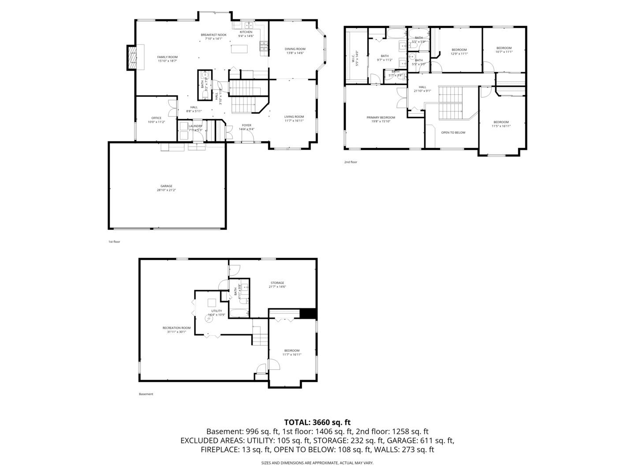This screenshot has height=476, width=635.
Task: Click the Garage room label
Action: click(x=166, y=188)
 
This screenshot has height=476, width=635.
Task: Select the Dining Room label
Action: click(x=295, y=51)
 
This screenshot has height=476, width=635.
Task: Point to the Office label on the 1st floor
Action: click(x=156, y=120)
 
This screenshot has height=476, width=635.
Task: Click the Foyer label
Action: click(x=246, y=127)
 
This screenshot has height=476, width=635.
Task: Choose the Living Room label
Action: click(x=294, y=119)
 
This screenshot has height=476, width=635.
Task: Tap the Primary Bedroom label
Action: click(x=381, y=119)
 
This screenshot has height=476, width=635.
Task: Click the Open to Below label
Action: click(x=453, y=132)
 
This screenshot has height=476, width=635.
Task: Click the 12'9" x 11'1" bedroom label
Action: click(x=459, y=52)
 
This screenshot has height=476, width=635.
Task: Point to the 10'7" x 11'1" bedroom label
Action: click(x=504, y=50)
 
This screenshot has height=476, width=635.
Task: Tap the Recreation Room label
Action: click(x=176, y=330)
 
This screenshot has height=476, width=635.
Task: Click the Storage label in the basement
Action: click(x=277, y=285)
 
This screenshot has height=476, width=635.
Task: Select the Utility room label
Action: click(x=217, y=312)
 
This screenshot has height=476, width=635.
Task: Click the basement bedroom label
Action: click(x=291, y=352)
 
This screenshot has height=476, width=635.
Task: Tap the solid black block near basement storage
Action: click(x=308, y=313)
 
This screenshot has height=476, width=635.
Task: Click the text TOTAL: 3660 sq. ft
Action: click(x=317, y=422)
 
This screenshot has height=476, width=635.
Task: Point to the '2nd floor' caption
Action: click(x=351, y=162)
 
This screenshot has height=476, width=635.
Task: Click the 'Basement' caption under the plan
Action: click(x=146, y=394)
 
